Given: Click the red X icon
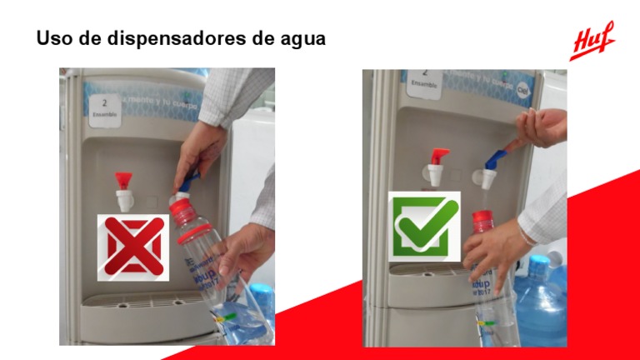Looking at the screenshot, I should click(x=133, y=247).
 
